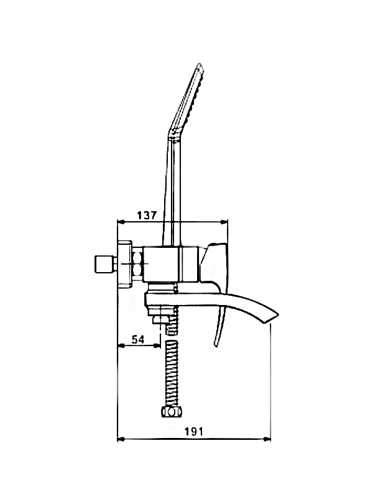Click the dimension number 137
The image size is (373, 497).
pos(147,215)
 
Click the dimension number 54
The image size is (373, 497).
pos(138,339)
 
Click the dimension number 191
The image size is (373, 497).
pos(193,431)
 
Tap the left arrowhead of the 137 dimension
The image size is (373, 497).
pos(121,222)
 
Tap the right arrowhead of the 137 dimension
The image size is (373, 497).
pos(224,222)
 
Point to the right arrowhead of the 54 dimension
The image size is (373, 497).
pos(157,345)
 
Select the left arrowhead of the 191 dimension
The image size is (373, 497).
pos(121,439)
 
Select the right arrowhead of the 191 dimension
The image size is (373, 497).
pos(267,439)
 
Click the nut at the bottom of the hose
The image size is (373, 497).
pos(172,413)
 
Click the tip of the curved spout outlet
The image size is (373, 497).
pos(277,315)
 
